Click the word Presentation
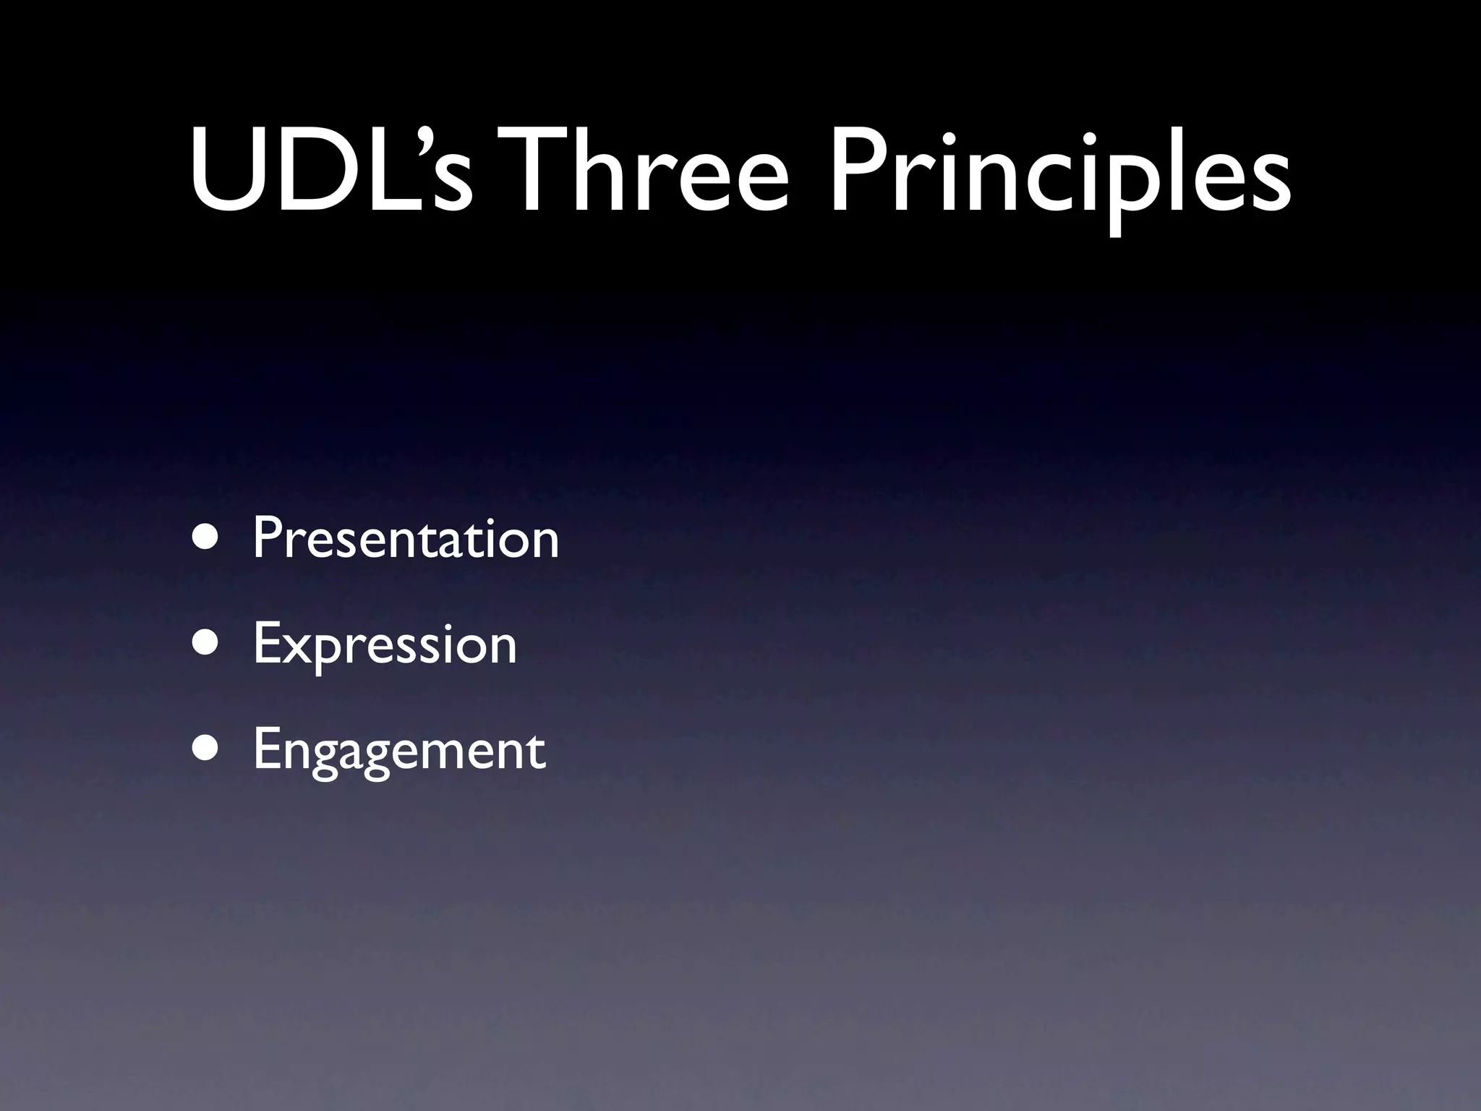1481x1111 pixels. coord(406,538)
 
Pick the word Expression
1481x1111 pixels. coord(385,644)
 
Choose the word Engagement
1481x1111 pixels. coord(399,750)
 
